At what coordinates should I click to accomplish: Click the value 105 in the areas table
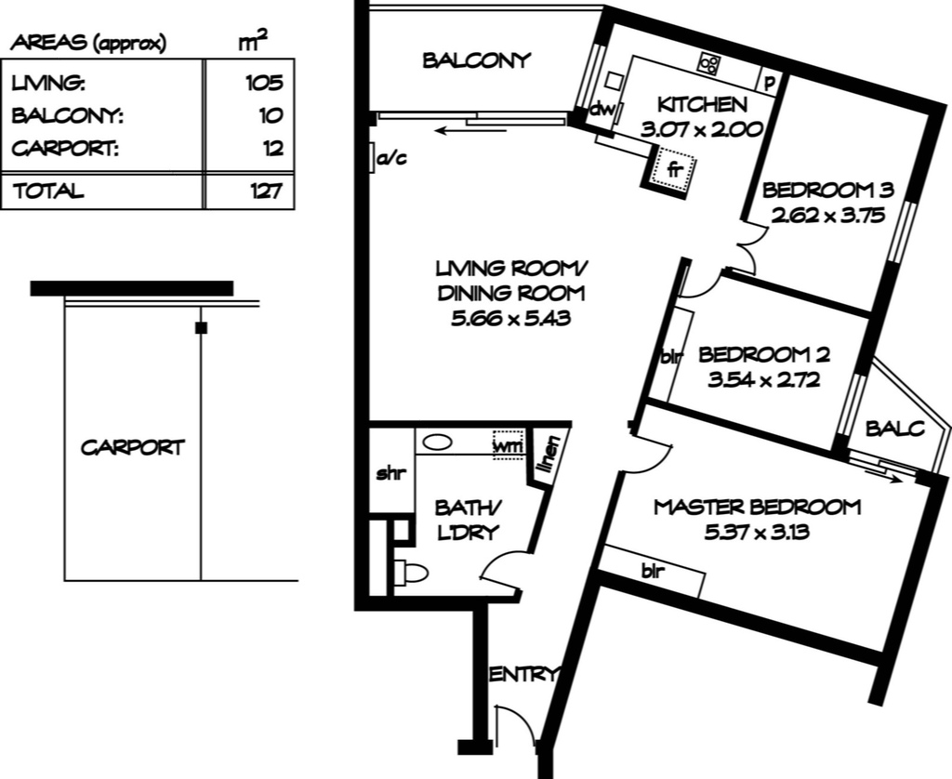coord(264,83)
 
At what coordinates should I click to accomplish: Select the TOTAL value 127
coord(267,191)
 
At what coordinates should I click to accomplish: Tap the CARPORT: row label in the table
coord(65,148)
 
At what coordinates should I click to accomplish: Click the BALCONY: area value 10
coord(271,115)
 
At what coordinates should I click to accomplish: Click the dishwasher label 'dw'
coord(602,110)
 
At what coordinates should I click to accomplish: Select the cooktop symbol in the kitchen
coord(709,63)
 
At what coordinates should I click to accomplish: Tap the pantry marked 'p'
coord(770,82)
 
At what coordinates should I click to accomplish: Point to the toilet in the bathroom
coord(410,573)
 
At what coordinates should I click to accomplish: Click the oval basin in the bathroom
coord(437,442)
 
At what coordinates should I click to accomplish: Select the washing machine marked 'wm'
coord(509,445)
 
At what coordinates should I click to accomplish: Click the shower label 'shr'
coord(390,473)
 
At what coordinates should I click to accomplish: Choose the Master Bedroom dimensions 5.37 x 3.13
coord(757,533)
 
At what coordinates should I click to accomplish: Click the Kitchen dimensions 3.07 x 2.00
coord(702,129)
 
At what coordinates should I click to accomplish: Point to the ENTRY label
coord(522,674)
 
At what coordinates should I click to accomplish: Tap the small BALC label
coord(895,429)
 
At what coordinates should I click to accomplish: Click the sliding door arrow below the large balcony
coord(472,130)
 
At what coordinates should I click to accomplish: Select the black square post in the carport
coord(201,328)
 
